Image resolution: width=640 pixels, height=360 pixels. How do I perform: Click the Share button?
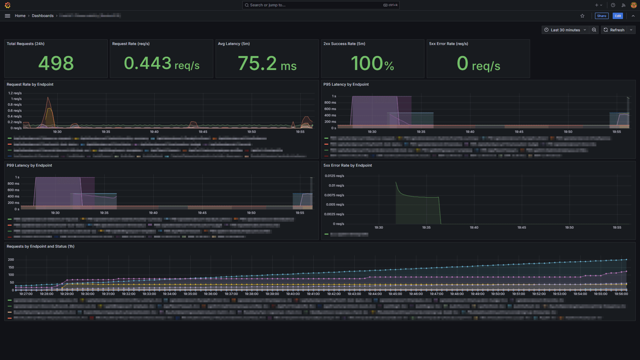(x=601, y=16)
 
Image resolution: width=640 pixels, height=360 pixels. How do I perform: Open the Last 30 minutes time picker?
(x=565, y=30)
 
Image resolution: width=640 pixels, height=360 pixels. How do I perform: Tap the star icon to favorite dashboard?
(x=582, y=16)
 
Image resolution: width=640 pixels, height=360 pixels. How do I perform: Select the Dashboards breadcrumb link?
(x=43, y=16)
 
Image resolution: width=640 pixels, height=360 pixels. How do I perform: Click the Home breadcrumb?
(x=20, y=16)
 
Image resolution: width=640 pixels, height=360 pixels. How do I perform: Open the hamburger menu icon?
(x=7, y=16)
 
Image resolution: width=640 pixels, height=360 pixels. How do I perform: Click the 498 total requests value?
(x=56, y=63)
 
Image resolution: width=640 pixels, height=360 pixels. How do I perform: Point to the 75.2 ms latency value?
(x=267, y=63)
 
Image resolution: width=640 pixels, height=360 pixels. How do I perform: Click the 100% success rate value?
(x=372, y=63)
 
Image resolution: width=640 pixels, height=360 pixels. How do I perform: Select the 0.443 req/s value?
(x=162, y=63)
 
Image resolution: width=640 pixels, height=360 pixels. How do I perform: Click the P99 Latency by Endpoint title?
(x=29, y=165)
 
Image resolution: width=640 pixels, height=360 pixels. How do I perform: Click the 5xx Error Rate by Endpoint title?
(x=348, y=165)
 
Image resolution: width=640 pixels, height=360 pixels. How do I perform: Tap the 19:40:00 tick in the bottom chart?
(x=293, y=294)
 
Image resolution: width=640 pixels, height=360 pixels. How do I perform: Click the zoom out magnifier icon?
(x=594, y=30)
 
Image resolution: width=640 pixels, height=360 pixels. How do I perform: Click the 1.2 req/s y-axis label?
(x=15, y=93)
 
